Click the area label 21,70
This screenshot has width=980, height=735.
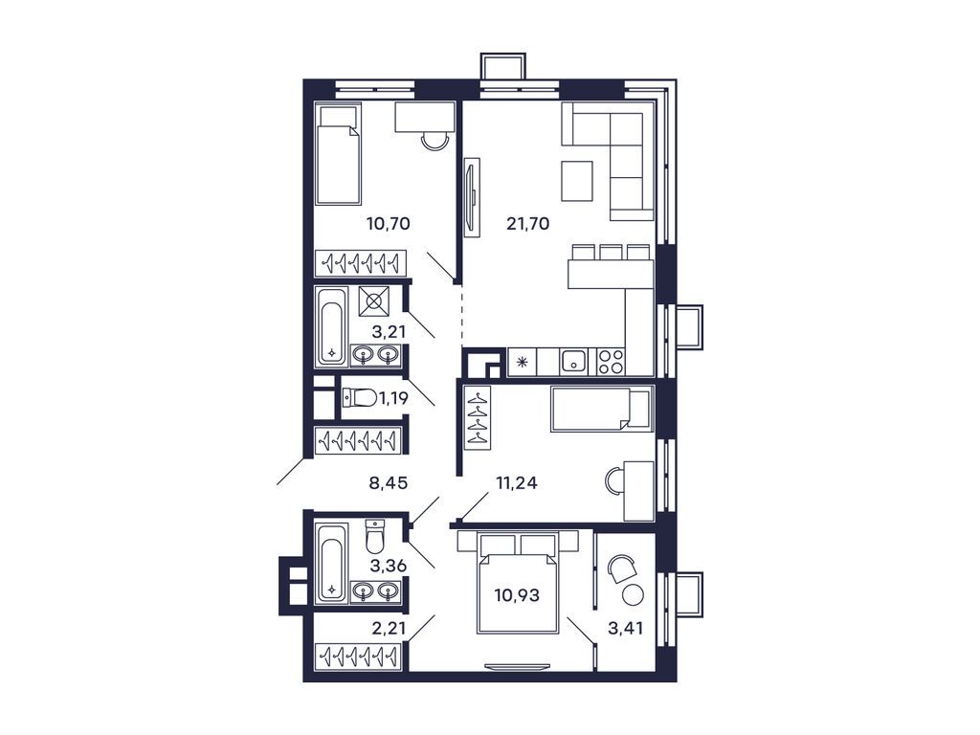tap(527, 226)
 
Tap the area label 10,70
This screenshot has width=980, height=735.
tap(388, 226)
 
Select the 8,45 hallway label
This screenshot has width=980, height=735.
tap(389, 483)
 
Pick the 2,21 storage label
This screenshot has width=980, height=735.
tap(389, 629)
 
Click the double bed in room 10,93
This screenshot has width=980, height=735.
tap(518, 584)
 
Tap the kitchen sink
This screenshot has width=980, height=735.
tap(574, 361)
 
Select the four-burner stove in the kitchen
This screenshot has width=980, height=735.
tap(611, 361)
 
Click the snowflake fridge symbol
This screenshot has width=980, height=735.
tap(523, 362)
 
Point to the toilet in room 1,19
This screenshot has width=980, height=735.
tap(359, 397)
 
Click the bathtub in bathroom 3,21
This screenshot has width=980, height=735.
tap(331, 326)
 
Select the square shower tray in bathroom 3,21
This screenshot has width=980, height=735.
tap(374, 301)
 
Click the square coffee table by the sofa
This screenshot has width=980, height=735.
tap(577, 181)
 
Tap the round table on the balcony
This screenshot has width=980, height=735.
tap(632, 594)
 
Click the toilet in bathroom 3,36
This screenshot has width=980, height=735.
tap(376, 538)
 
